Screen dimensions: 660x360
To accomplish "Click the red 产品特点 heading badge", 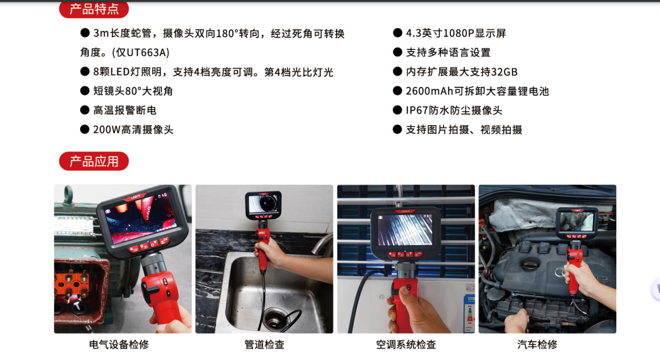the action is pyautogui.click(x=94, y=9).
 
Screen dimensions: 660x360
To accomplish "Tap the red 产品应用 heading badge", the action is pyautogui.click(x=94, y=161).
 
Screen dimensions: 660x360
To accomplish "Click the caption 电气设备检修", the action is pyautogui.click(x=119, y=344).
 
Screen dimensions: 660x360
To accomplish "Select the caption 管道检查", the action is pyautogui.click(x=264, y=344).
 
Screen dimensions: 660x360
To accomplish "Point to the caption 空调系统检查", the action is pyautogui.click(x=406, y=344).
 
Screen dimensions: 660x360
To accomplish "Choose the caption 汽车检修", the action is pyautogui.click(x=537, y=344).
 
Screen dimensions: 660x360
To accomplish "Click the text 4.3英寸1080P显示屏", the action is pyautogui.click(x=456, y=33).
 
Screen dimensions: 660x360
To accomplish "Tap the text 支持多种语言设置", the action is pyautogui.click(x=448, y=53).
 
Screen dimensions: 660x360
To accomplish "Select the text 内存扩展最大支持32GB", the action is pyautogui.click(x=462, y=72).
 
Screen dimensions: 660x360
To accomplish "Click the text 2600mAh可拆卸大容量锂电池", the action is pyautogui.click(x=477, y=91).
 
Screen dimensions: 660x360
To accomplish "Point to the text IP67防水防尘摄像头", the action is pyautogui.click(x=454, y=110).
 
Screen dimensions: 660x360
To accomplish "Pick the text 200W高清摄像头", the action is pyautogui.click(x=133, y=130).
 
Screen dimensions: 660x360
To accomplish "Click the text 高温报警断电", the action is pyautogui.click(x=125, y=110).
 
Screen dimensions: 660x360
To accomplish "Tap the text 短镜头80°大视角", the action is pyautogui.click(x=133, y=91).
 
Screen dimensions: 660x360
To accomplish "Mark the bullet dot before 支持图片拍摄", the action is pyautogui.click(x=398, y=130).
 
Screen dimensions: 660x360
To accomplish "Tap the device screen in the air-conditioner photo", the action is pyautogui.click(x=405, y=230).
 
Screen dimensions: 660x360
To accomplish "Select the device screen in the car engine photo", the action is pyautogui.click(x=577, y=222).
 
